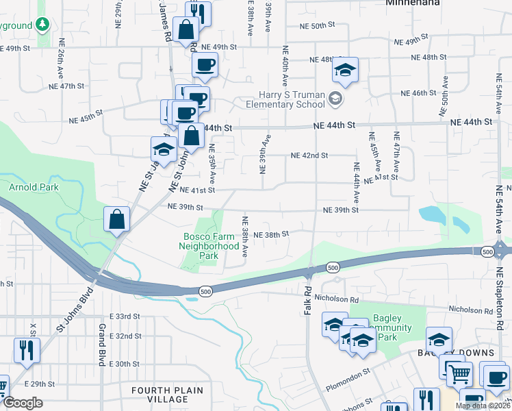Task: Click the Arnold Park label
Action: tap(34, 187)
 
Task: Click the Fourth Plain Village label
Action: tap(168, 395)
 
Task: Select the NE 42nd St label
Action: tap(309, 156)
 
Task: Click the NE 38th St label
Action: tap(271, 234)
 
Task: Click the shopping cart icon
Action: tap(459, 373)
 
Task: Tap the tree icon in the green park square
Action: tap(42, 25)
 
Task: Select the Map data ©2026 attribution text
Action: tap(482, 406)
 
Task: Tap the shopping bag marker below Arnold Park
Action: tap(117, 220)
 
